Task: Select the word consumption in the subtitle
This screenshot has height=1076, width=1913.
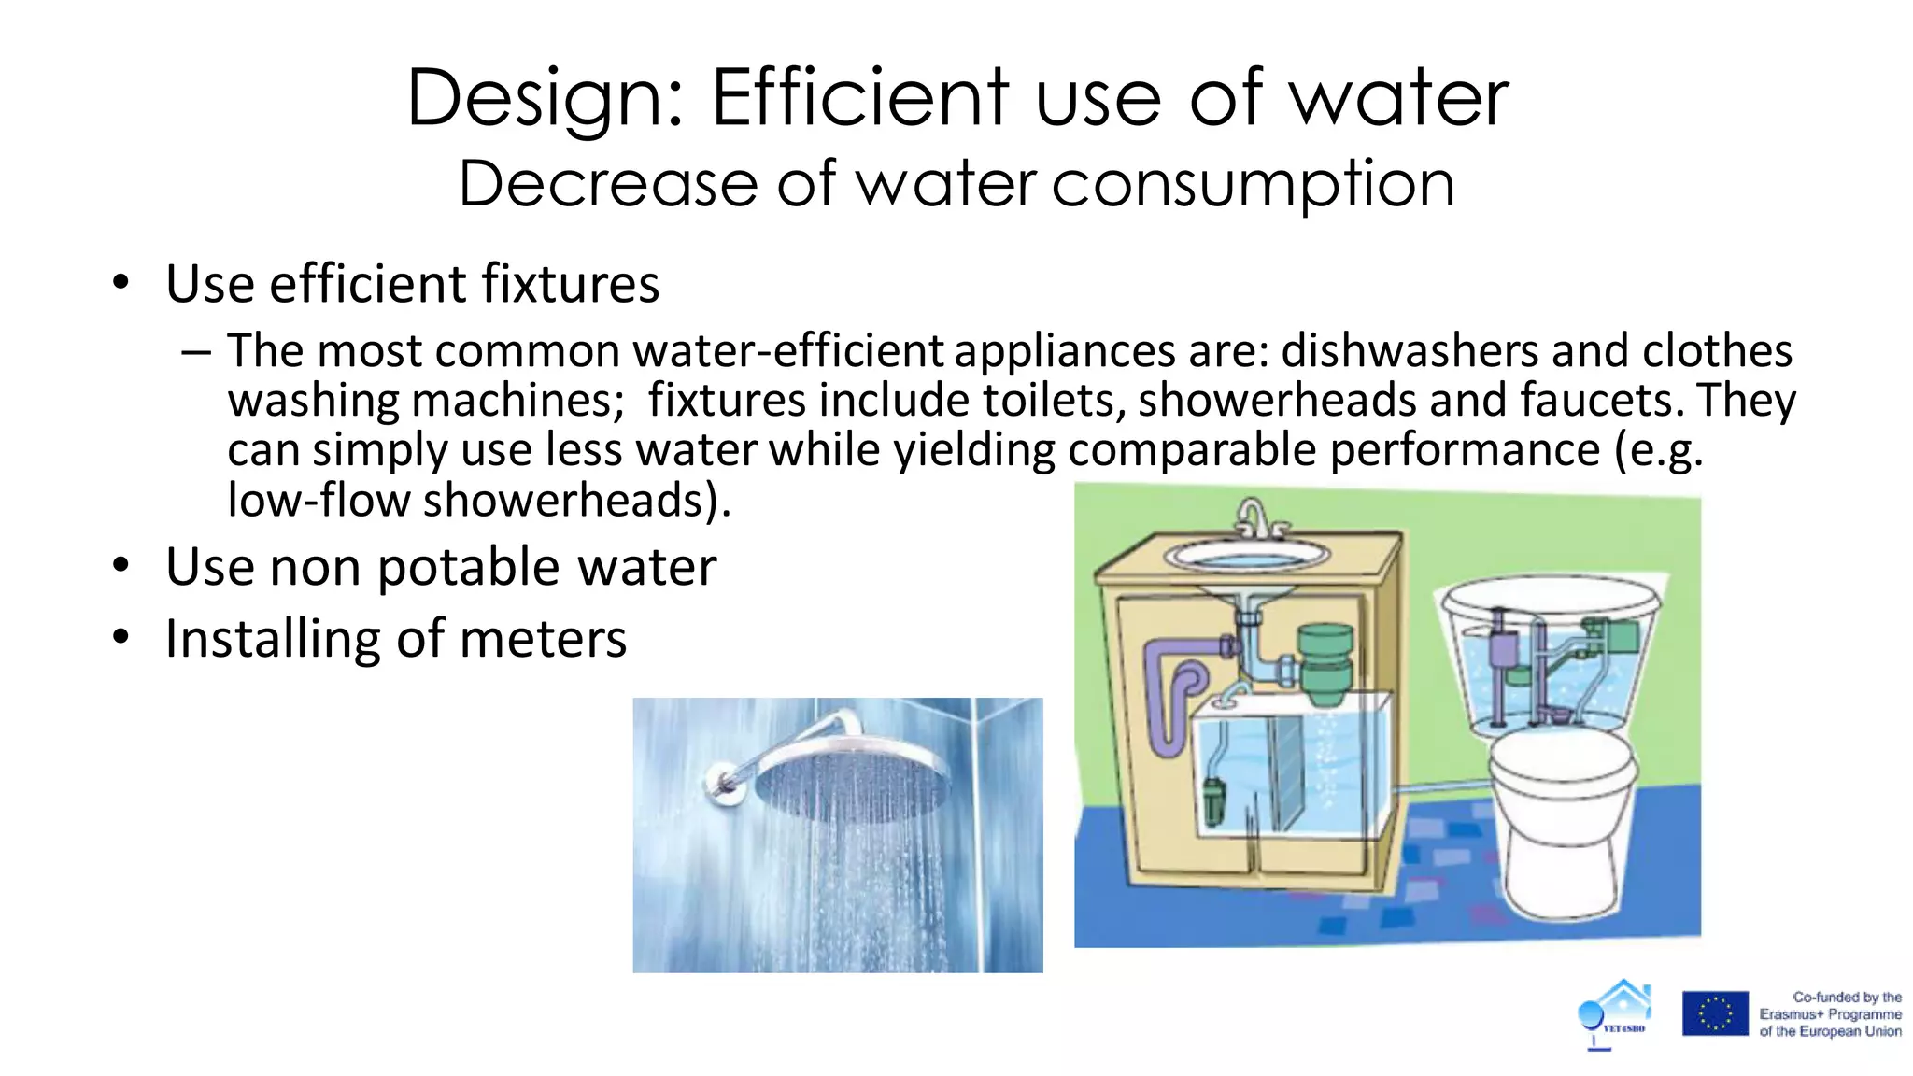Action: coord(1254,185)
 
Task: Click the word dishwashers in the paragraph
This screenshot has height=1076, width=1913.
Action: coord(1409,351)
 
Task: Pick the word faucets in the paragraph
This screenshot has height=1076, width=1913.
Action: coord(1601,401)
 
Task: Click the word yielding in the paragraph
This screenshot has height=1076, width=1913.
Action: coord(974,450)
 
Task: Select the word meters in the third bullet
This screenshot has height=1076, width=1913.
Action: coord(543,640)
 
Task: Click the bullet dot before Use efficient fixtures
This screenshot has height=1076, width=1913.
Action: coord(120,282)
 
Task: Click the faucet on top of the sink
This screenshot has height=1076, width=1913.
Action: coord(1254,519)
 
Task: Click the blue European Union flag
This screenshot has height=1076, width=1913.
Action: coord(1715,1013)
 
